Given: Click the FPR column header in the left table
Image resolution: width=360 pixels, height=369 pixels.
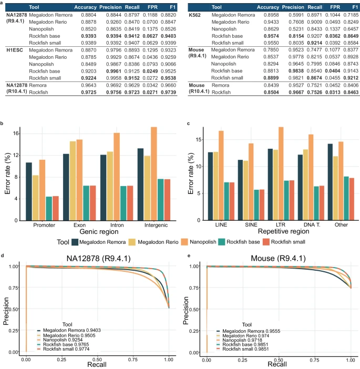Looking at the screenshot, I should coord(138,7).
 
